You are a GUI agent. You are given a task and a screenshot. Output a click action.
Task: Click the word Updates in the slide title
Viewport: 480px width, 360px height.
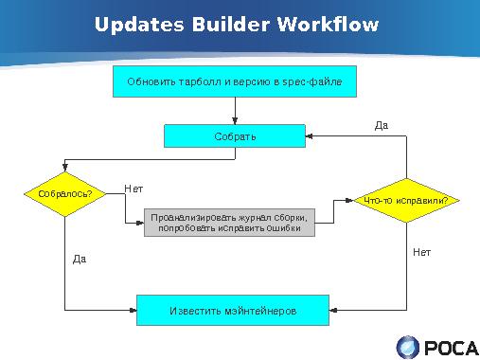[x=138, y=25]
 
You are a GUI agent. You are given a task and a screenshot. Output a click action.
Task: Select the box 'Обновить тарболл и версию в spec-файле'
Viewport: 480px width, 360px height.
[x=235, y=82]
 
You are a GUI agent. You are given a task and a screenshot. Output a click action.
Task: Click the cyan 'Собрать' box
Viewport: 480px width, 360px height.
[x=235, y=136]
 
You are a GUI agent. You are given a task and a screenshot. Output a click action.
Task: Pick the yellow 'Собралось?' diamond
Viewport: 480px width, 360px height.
[x=64, y=194]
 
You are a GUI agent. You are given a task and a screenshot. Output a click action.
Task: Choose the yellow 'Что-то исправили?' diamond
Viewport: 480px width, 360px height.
[x=406, y=200]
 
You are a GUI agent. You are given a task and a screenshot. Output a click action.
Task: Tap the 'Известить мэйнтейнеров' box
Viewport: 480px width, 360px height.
[x=233, y=310]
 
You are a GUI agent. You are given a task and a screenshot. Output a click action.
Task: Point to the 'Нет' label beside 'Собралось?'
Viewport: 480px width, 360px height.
[x=133, y=189]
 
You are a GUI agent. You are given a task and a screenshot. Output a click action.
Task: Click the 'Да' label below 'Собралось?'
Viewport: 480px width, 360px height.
[x=80, y=258]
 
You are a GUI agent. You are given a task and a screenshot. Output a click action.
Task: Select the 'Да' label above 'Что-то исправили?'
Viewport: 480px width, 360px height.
[x=382, y=124]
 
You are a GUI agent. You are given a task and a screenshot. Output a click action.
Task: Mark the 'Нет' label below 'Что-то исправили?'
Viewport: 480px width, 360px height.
[x=421, y=252]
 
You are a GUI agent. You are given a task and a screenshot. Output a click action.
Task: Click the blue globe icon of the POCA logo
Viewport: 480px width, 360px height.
[x=408, y=347]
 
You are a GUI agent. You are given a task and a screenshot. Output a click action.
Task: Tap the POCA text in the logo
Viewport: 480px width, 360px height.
[x=450, y=348]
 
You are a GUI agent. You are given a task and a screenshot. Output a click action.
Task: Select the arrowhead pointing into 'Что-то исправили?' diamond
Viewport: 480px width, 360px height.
[x=354, y=200]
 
